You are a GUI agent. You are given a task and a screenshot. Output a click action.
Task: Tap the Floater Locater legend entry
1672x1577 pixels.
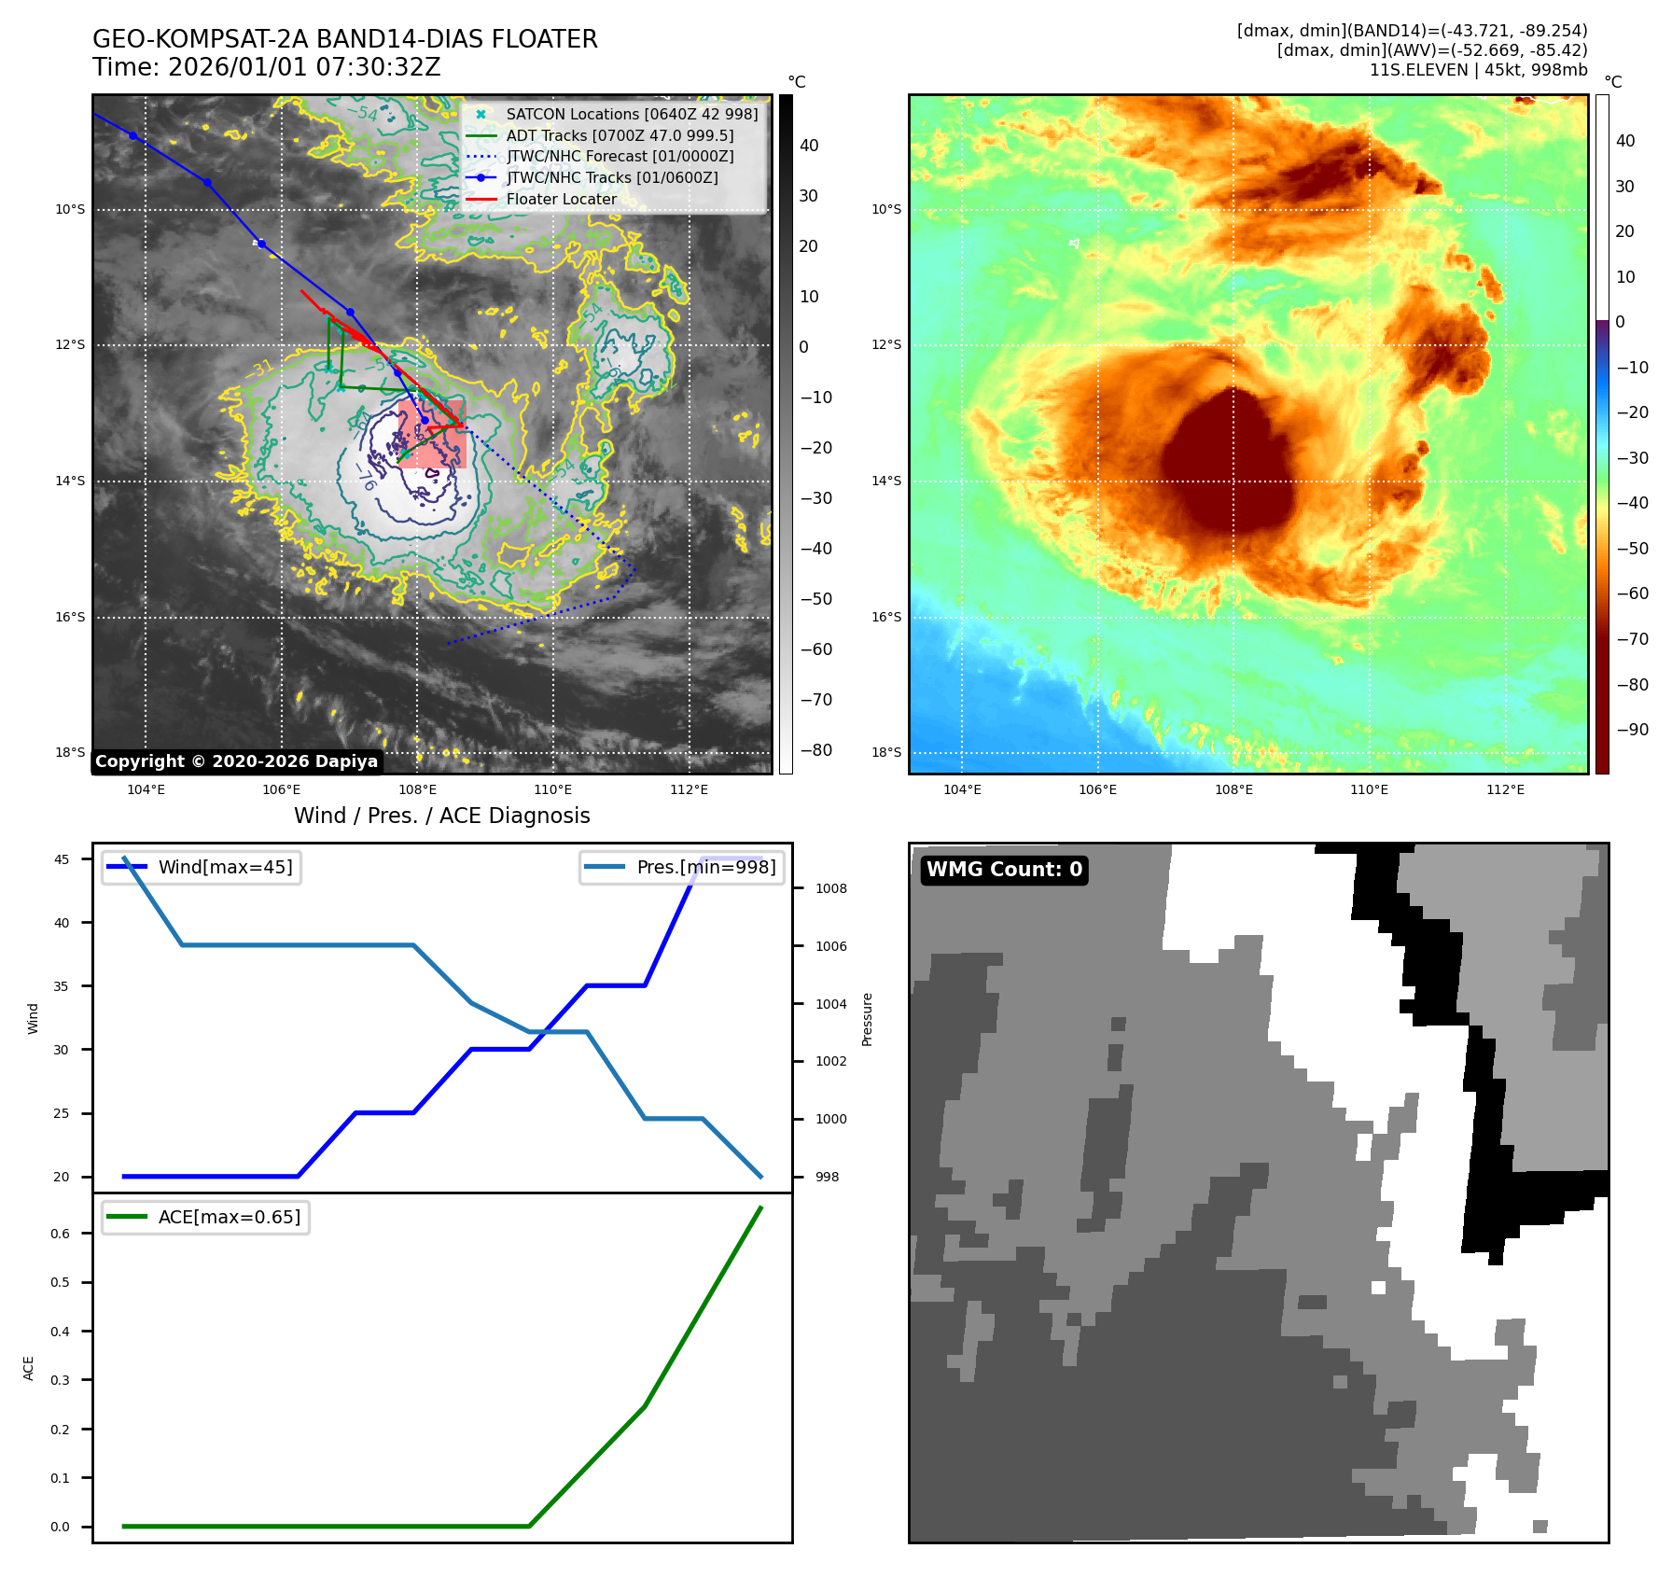point(561,199)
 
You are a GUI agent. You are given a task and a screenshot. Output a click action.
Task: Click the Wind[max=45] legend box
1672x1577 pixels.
point(202,867)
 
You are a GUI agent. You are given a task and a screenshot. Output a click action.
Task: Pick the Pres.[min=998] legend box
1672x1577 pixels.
point(682,867)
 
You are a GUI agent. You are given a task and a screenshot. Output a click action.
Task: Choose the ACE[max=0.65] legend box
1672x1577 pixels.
point(206,1217)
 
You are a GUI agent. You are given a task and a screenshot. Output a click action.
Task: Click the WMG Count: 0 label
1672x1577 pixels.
point(1004,870)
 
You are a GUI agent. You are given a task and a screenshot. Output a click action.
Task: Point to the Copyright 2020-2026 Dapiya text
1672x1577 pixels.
point(236,761)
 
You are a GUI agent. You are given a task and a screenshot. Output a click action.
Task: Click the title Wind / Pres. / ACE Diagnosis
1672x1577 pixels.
point(442,816)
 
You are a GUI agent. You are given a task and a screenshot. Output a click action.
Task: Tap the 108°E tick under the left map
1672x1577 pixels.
point(417,789)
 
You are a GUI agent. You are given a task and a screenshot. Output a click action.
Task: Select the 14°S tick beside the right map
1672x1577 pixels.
point(886,481)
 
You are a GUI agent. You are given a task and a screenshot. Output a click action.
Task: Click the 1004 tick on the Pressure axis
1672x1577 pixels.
point(830,1004)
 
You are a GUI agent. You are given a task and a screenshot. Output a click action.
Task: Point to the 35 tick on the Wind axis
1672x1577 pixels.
point(62,986)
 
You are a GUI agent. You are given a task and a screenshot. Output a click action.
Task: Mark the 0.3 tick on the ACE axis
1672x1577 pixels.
point(61,1380)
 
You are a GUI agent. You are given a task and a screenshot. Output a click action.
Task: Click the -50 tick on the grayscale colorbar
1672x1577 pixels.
point(815,599)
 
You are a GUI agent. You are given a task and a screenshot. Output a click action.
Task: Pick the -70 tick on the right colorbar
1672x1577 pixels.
point(1632,639)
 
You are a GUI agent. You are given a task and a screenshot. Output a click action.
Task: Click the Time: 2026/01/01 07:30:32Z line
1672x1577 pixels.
point(266,67)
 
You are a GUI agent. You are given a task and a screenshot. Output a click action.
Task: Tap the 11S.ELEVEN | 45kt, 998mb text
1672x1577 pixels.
point(1478,70)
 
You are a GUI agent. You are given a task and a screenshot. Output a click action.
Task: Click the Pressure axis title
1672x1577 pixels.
point(867,1019)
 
